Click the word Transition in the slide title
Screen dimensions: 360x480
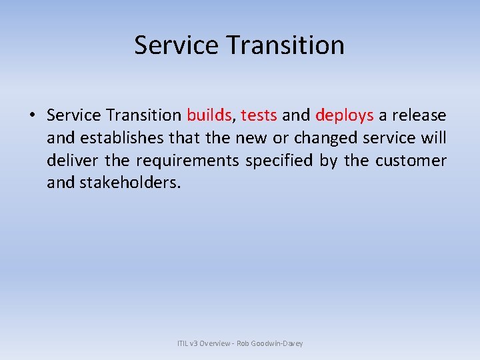click(286, 45)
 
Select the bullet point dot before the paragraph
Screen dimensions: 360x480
click(32, 116)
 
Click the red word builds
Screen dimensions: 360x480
click(209, 115)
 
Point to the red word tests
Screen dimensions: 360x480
click(259, 115)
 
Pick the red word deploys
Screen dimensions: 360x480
click(344, 115)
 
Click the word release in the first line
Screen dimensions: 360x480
click(419, 115)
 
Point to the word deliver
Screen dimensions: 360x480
click(69, 161)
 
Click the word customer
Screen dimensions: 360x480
click(411, 161)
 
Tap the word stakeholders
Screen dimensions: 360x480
click(129, 183)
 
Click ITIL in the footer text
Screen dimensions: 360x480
click(183, 343)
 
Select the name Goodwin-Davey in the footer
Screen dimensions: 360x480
click(278, 343)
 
